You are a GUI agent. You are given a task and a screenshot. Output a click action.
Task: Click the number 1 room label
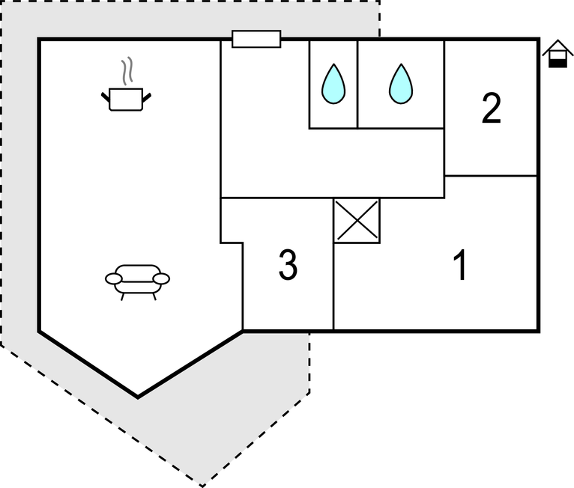click(x=462, y=266)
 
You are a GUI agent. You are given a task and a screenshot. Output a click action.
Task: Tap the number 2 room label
click(x=491, y=109)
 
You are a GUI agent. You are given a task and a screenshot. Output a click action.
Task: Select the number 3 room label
click(x=288, y=266)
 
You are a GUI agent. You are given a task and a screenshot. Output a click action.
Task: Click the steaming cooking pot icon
click(x=126, y=97)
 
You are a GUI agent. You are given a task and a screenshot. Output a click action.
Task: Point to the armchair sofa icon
click(x=137, y=280)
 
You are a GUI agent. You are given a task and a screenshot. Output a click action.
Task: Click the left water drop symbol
click(x=333, y=84)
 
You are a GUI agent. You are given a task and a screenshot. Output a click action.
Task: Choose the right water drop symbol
click(x=401, y=84)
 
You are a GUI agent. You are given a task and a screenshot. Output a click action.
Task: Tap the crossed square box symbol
click(x=357, y=221)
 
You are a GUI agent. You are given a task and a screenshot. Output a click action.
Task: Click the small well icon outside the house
click(x=557, y=55)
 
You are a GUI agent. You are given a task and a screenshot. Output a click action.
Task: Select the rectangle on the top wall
click(x=256, y=39)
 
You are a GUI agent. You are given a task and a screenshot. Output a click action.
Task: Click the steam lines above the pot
click(x=129, y=70)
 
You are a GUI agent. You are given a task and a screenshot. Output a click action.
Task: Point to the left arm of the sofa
click(x=114, y=279)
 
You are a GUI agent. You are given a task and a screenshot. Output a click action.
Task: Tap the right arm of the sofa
click(x=161, y=279)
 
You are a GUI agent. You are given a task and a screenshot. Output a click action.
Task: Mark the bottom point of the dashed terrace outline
click(x=201, y=486)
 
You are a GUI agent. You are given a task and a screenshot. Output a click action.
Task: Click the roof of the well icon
click(x=557, y=48)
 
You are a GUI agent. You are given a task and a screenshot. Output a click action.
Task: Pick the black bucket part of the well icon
click(x=557, y=63)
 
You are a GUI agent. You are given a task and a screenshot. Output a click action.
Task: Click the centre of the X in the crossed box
click(x=357, y=221)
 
